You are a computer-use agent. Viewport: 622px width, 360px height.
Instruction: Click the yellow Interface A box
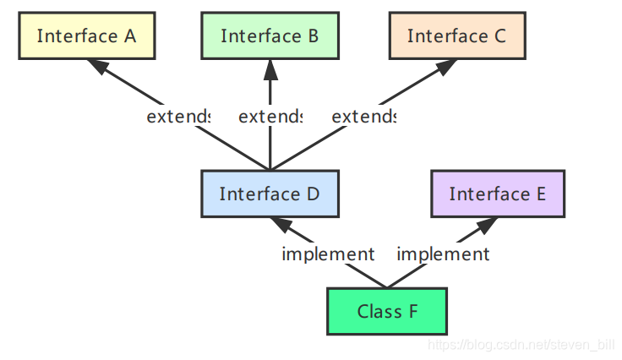[87, 35]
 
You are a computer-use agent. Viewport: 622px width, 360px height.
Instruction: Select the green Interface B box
[270, 35]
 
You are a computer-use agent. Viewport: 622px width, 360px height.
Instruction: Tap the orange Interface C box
[457, 35]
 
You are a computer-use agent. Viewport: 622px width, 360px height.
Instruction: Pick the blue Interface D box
[270, 194]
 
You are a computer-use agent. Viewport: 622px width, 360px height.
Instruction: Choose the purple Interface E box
[498, 194]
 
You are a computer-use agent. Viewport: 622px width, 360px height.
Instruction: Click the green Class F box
[387, 311]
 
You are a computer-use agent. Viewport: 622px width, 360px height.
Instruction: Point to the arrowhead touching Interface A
[98, 66]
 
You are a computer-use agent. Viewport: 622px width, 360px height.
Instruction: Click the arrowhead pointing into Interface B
[270, 69]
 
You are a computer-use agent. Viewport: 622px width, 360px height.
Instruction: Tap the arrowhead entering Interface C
[446, 66]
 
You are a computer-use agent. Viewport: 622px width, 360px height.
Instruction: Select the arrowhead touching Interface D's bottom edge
[281, 225]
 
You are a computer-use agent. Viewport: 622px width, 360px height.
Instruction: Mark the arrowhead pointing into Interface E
[486, 225]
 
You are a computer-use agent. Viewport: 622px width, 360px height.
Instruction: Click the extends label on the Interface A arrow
[178, 117]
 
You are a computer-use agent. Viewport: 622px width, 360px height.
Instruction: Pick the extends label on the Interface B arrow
[270, 117]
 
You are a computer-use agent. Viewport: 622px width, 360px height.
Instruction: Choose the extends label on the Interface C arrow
[363, 117]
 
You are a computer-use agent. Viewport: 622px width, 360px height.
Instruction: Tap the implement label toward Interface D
[328, 254]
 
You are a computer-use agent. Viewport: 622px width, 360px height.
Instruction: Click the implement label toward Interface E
[443, 254]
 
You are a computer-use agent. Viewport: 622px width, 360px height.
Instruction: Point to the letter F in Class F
[413, 312]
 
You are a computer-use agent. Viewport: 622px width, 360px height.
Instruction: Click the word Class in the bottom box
[379, 312]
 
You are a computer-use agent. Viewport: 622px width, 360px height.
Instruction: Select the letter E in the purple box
[541, 194]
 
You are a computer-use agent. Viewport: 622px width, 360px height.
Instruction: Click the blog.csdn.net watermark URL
[521, 345]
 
